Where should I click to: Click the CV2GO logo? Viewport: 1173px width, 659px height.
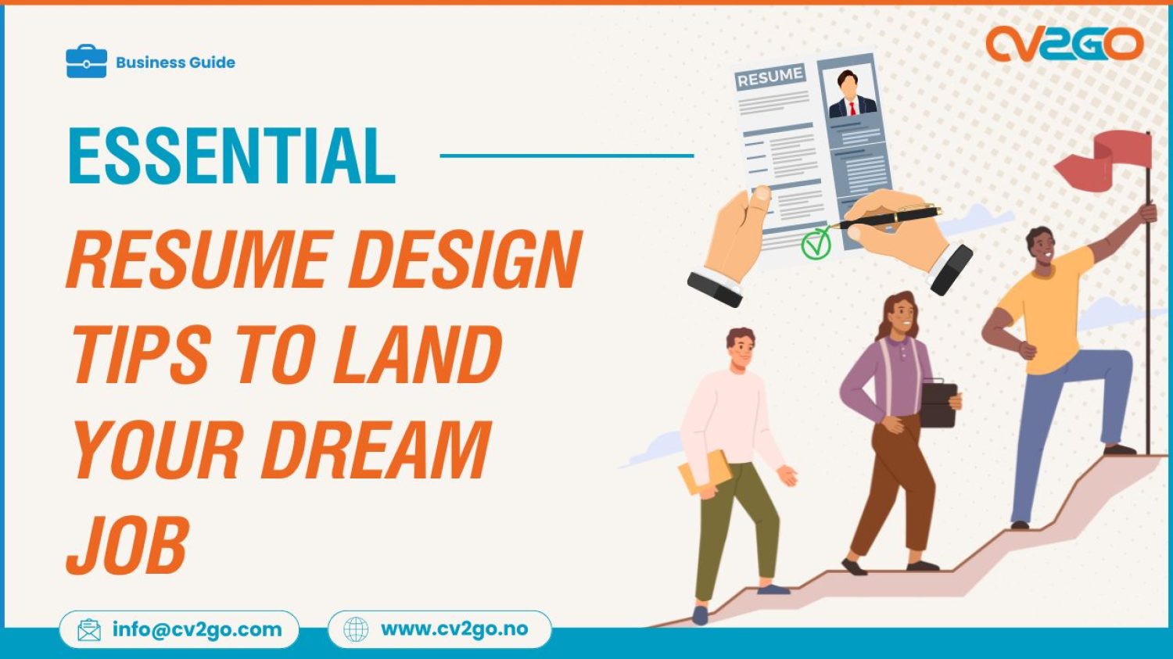coord(1064,44)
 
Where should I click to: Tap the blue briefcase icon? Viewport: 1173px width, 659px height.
coord(86,62)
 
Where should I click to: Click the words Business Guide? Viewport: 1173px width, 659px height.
coord(175,63)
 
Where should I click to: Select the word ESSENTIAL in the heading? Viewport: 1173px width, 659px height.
coord(231,156)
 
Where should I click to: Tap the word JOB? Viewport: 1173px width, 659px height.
coord(127,544)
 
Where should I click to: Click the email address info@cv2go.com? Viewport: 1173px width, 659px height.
coord(197,629)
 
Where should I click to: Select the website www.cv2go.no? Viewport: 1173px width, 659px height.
coord(454,629)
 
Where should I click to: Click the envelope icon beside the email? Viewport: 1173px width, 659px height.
coord(89,630)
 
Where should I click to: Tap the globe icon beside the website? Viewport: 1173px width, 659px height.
coord(356,629)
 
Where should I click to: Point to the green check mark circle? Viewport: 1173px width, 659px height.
coord(816,244)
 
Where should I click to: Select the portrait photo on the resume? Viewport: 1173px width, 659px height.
coord(852,93)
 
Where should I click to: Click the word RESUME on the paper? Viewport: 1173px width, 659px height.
coord(769,77)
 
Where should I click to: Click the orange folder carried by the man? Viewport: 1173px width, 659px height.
coord(703,473)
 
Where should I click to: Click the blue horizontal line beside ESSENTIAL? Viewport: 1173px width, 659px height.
coord(567,156)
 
